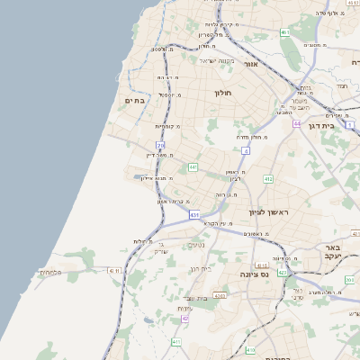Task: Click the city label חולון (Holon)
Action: [223, 93]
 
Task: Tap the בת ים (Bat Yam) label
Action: [134, 101]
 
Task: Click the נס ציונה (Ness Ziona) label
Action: [255, 274]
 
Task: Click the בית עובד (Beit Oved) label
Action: [195, 298]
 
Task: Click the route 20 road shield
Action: [160, 145]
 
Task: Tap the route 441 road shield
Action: [193, 167]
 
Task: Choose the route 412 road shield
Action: [268, 179]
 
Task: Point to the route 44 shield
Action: [296, 123]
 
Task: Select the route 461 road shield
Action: [284, 32]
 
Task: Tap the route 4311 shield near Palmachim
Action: [114, 270]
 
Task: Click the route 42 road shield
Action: [185, 319]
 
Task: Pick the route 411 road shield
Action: [176, 343]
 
